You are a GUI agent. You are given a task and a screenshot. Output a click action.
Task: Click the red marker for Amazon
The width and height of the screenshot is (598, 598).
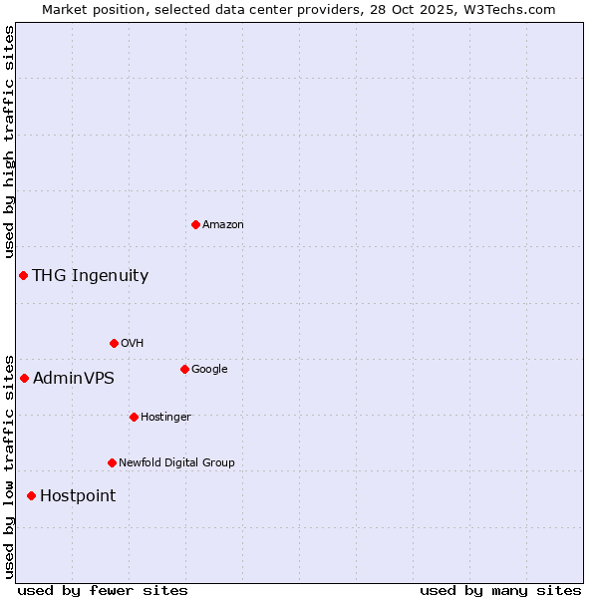point(195,224)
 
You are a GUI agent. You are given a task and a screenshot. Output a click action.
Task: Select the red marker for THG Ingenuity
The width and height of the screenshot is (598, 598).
point(23,275)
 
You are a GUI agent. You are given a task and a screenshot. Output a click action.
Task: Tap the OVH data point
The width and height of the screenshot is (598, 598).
point(114,343)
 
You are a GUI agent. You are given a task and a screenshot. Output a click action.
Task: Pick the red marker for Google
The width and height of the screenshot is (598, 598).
point(184,369)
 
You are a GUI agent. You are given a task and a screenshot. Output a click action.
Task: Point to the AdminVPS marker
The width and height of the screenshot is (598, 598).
point(24,378)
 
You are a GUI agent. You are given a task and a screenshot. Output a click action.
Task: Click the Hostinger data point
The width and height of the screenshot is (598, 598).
point(134,417)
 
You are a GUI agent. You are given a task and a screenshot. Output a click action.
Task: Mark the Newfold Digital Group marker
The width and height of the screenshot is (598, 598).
point(112,462)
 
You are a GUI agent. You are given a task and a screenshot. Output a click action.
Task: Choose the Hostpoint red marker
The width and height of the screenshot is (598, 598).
point(31,495)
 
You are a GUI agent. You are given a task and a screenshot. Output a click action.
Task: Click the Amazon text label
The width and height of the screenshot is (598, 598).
point(223,225)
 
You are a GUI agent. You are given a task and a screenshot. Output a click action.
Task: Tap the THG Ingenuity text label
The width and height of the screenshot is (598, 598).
point(90,276)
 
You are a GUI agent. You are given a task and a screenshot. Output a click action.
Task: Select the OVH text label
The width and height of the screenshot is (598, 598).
point(133,344)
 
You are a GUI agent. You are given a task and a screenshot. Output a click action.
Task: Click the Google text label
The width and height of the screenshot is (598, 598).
point(209,370)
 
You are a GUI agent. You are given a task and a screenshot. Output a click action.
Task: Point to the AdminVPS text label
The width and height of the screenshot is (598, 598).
point(74,379)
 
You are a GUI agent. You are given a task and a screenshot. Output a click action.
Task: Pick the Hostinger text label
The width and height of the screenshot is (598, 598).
point(165,417)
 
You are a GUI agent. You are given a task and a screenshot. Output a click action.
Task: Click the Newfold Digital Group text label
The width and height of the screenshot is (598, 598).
point(176,462)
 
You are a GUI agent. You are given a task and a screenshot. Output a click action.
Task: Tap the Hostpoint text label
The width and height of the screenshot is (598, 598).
point(78,496)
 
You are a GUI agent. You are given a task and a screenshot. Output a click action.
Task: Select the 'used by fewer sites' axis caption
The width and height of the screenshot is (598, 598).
point(103,590)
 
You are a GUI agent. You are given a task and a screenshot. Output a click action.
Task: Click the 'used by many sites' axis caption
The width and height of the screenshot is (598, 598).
point(500,590)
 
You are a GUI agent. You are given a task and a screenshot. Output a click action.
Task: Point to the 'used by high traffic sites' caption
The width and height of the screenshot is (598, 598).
point(9,142)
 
